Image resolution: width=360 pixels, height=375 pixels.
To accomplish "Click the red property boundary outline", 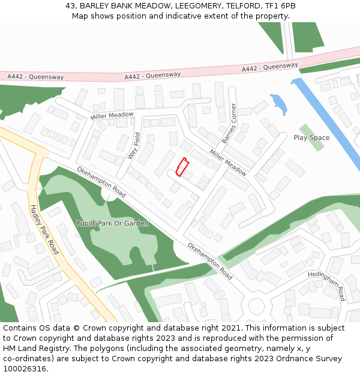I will click(182, 167).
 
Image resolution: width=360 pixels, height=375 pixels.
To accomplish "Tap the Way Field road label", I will click(133, 145).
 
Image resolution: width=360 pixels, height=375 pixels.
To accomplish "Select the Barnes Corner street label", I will click(229, 123).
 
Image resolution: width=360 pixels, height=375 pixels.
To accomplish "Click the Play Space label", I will click(311, 138).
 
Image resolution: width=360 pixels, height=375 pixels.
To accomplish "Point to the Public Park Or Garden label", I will click(112, 223).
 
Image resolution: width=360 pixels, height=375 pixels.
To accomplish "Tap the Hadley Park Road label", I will click(44, 229).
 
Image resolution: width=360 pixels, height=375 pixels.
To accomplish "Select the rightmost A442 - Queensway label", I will click(269, 67).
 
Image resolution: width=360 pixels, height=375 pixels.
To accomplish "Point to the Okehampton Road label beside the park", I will click(101, 182).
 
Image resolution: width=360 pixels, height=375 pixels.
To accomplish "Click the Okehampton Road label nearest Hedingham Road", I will click(210, 261).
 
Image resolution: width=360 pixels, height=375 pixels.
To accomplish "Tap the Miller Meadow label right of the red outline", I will click(228, 162).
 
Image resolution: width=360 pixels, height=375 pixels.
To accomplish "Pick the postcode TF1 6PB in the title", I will click(279, 6).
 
